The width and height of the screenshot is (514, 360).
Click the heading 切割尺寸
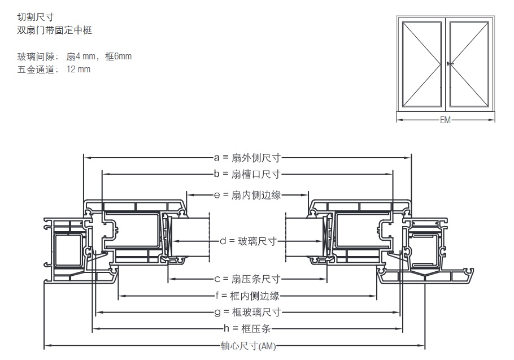pos(36,18)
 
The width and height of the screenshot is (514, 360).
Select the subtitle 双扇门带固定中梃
pos(54,31)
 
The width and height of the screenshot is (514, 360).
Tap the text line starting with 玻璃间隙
pos(75,57)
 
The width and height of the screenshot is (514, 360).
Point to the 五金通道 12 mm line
pos(54,70)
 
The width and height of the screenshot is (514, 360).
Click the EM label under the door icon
pos(446,120)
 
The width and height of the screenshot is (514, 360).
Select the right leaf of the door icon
pos(471,64)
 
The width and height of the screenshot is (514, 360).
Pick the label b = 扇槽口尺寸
pos(247,174)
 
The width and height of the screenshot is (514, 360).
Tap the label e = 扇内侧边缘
pos(247,195)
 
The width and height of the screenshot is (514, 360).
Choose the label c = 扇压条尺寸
pos(247,279)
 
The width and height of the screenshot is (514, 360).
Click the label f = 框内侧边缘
pos(247,295)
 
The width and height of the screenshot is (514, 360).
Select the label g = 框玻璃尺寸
pos(247,312)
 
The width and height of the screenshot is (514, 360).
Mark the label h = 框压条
pos(247,329)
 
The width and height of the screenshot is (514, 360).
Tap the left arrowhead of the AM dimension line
pos(47,346)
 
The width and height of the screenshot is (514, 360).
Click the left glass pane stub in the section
pos(190,241)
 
